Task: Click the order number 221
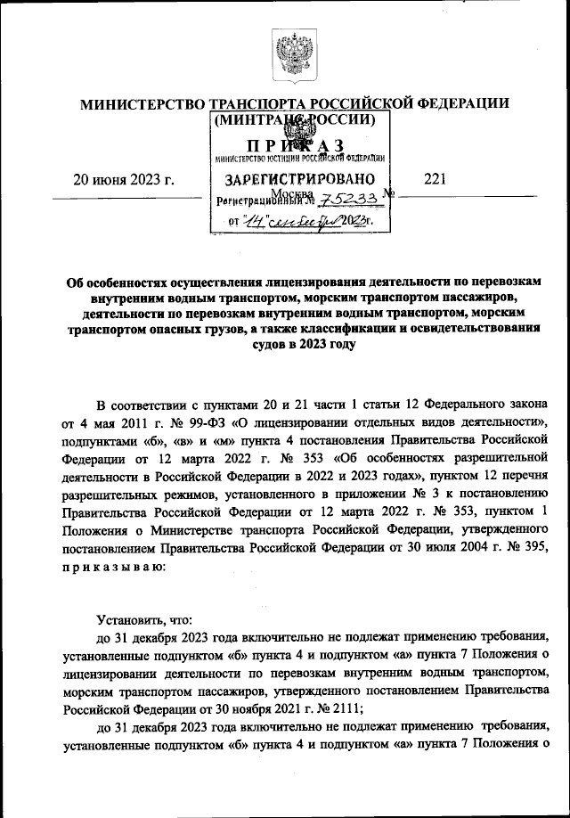(435, 179)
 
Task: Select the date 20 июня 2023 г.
(122, 179)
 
